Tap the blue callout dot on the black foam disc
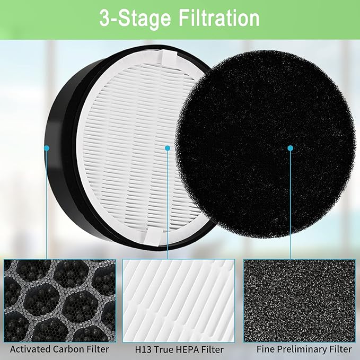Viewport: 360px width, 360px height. [290, 148]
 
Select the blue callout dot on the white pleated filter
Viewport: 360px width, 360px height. [167, 148]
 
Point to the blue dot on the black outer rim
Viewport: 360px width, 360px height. [47, 148]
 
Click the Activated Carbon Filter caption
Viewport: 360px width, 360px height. [59, 349]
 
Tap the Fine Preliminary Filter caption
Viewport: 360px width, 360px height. [304, 349]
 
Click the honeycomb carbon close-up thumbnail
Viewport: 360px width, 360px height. [59, 301]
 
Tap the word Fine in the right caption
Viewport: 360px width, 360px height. [266, 349]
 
